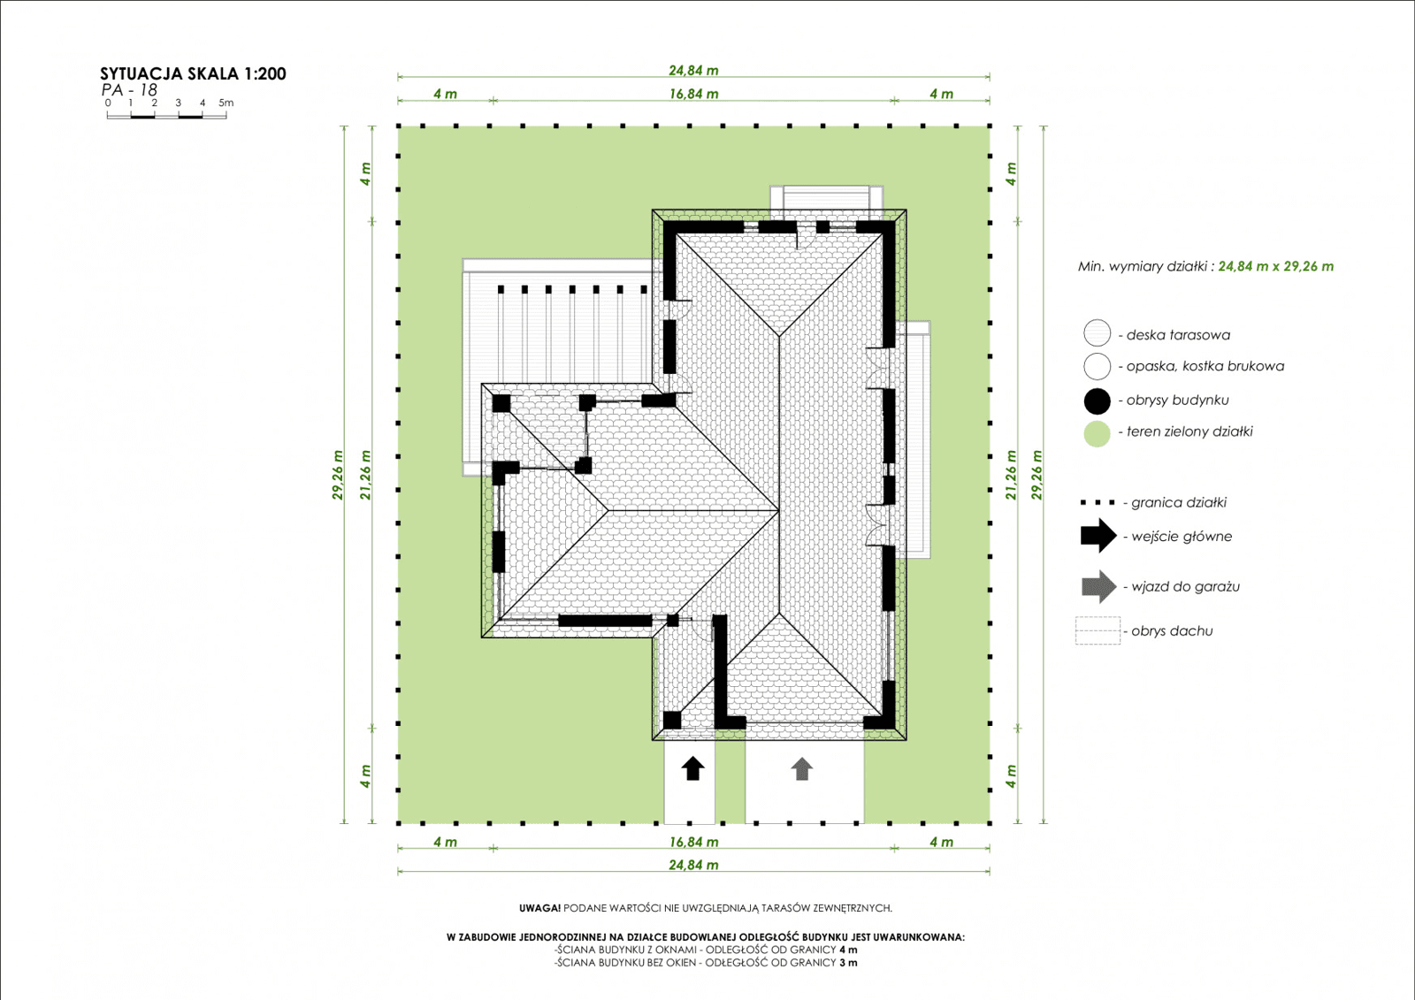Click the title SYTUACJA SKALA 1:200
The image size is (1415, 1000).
tap(193, 74)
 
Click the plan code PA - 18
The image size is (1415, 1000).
tap(129, 90)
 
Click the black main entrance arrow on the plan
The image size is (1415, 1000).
tap(692, 767)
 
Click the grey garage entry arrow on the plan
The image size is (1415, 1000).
tap(801, 768)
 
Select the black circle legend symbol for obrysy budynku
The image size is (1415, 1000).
tap(1097, 401)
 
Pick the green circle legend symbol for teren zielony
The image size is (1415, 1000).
tap(1097, 433)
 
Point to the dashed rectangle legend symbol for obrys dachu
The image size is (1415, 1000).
tap(1098, 630)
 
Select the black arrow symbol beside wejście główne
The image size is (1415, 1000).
tap(1098, 536)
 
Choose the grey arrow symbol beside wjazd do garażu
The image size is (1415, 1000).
tap(1098, 586)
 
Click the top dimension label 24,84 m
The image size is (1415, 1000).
tap(693, 70)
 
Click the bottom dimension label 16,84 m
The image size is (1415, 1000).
tap(693, 842)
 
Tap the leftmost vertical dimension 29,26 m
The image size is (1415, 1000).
tap(338, 475)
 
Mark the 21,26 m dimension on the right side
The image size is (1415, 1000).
tap(1012, 475)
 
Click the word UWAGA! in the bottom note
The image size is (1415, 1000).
tap(539, 908)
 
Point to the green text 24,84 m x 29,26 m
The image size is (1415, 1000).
tap(1275, 266)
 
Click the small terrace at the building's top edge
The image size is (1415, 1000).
tap(826, 198)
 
